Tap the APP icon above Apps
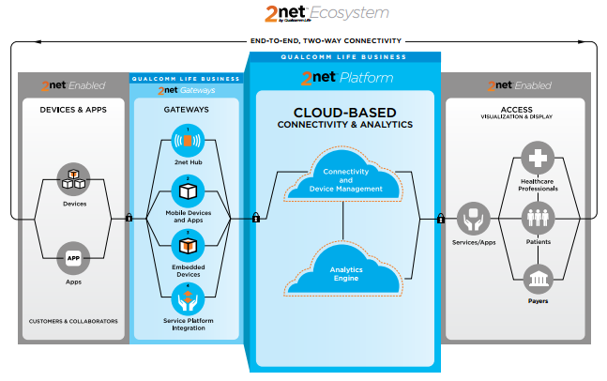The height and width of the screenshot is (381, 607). [74, 255]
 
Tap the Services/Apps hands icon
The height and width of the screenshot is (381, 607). [473, 220]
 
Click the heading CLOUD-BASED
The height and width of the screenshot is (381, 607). [345, 112]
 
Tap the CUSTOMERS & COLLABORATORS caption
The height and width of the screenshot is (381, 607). [74, 321]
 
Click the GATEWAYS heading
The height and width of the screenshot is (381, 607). [188, 109]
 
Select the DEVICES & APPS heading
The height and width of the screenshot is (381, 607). [74, 109]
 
